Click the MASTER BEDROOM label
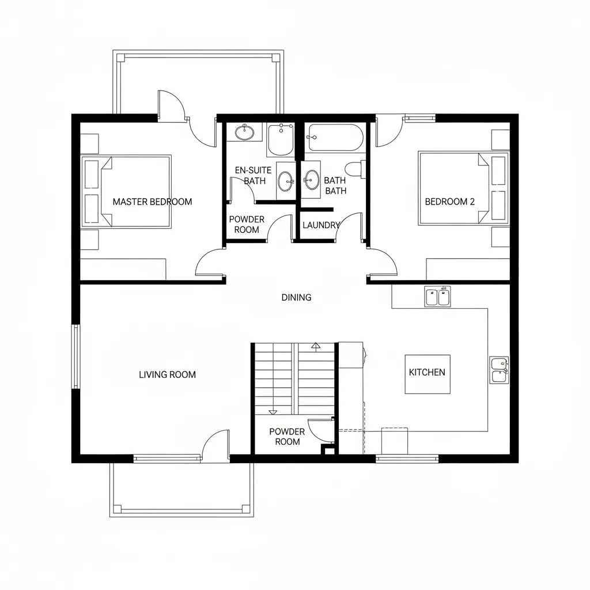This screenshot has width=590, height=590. click(x=152, y=202)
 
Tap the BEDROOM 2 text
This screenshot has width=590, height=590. click(x=449, y=202)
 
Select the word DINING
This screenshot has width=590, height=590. click(x=296, y=298)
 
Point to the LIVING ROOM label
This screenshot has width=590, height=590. click(x=167, y=375)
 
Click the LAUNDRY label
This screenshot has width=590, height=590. click(x=321, y=225)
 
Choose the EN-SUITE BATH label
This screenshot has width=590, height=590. click(x=251, y=176)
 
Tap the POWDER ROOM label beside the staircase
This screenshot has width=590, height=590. click(x=287, y=437)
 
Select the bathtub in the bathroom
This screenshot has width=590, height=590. click(x=335, y=138)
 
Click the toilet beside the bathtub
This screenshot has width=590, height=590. click(x=354, y=169)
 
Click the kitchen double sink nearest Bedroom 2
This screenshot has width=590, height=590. click(x=438, y=297)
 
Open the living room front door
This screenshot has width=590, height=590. click(x=215, y=446)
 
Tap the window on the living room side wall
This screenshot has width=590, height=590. click(x=75, y=356)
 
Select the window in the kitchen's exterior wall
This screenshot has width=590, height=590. click(x=407, y=459)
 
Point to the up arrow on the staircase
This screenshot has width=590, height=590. click(x=315, y=346)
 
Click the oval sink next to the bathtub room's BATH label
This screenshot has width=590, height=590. click(x=312, y=180)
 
